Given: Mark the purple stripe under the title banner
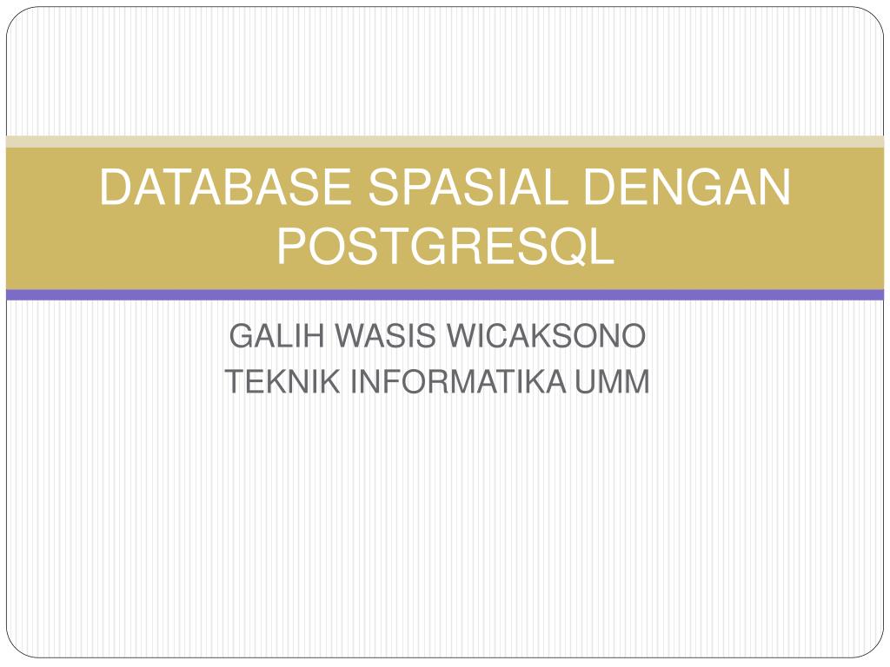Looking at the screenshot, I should pyautogui.click(x=445, y=295).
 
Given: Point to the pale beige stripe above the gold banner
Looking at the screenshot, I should pyautogui.click(x=445, y=142).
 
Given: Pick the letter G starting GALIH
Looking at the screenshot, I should pyautogui.click(x=239, y=336).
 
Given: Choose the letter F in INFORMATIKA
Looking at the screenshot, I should pyautogui.click(x=379, y=382).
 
